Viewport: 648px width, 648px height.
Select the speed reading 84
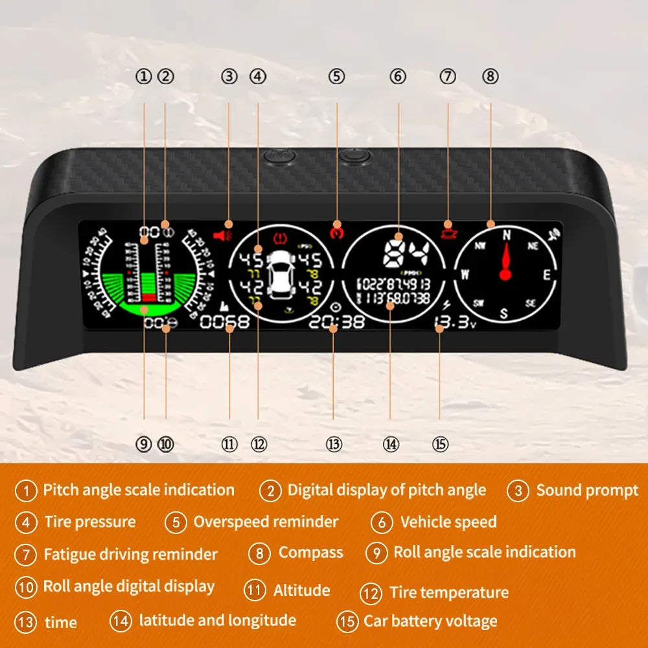[404, 253]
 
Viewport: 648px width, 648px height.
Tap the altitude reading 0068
[225, 321]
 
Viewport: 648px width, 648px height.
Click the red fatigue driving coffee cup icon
[446, 227]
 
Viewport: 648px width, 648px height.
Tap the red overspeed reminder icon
[336, 229]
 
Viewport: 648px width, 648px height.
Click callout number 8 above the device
[491, 76]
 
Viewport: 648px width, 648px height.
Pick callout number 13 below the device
[334, 444]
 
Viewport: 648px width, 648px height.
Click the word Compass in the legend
[310, 553]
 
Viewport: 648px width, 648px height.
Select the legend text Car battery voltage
[430, 621]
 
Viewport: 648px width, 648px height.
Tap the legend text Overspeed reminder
[266, 522]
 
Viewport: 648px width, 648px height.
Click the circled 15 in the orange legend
[347, 622]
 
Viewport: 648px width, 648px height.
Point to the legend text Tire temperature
[448, 592]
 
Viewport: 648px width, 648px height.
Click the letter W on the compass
[465, 274]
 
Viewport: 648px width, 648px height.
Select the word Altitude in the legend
[301, 590]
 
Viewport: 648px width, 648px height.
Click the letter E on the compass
[546, 274]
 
